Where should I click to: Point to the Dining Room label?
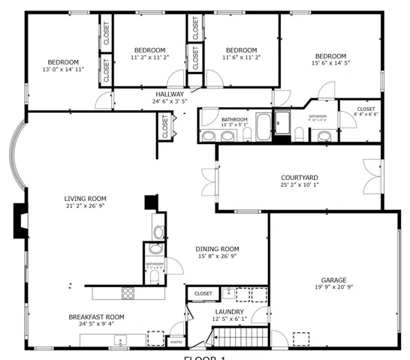point(217,249)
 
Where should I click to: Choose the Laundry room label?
point(227,312)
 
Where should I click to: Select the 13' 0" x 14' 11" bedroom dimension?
point(64,69)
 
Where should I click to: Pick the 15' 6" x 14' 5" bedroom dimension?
point(330,64)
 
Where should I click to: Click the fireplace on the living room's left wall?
point(19,221)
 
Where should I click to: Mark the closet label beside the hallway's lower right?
point(164,126)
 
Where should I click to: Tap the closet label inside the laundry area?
point(203,293)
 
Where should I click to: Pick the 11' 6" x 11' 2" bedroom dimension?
point(240,58)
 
